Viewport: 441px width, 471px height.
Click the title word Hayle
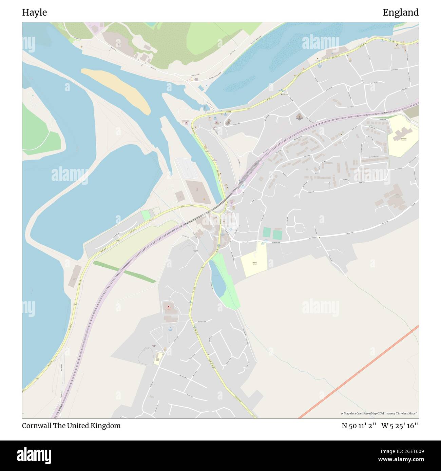coord(34,13)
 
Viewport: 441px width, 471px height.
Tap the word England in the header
coord(400,13)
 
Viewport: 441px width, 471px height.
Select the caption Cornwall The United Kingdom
coord(71,426)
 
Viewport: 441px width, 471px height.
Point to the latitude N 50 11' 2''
coord(359,426)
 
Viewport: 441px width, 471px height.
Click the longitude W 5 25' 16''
coord(400,426)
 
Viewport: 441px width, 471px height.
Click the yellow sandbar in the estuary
coord(119,90)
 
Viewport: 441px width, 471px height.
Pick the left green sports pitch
coord(267,233)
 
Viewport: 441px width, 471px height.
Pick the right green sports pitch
coord(277,234)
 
